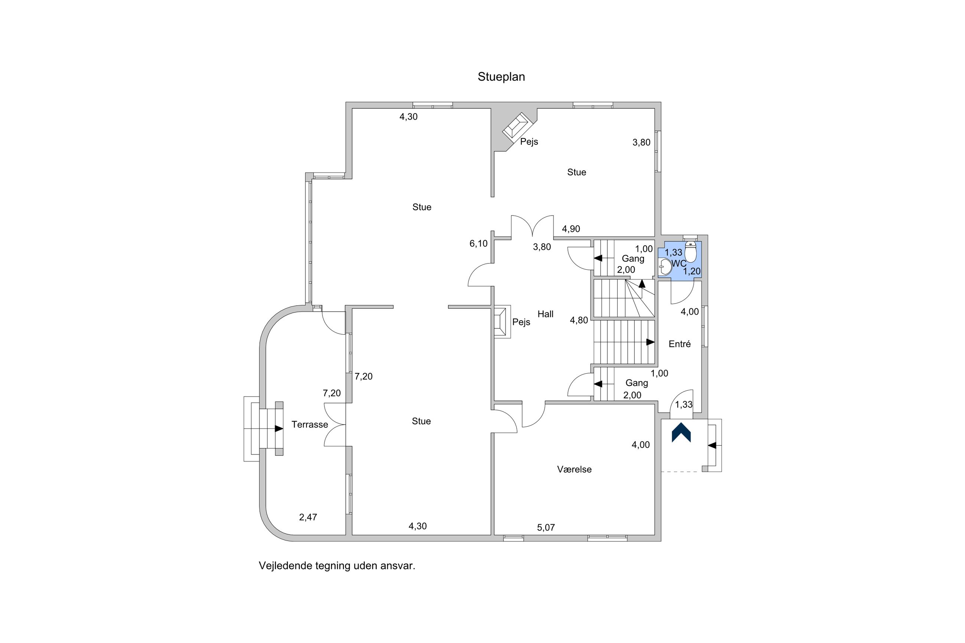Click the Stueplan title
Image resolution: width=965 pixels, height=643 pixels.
pos(501,77)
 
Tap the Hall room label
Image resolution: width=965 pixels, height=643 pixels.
pos(546,314)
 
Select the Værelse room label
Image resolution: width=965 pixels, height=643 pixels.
pos(574,469)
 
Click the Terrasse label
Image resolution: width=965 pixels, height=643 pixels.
pos(310,425)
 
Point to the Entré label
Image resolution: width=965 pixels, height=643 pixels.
pos(680,344)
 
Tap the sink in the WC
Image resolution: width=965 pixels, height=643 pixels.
pos(664,268)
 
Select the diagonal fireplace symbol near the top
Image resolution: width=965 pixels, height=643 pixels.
pos(517,126)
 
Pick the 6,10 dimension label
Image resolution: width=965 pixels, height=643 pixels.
pos(479,244)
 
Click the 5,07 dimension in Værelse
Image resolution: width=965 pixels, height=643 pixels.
pos(546,528)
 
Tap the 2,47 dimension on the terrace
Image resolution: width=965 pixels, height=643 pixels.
pos(308,518)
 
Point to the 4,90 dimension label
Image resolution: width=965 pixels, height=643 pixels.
pos(571,229)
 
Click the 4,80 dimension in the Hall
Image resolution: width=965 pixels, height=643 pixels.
pos(579,321)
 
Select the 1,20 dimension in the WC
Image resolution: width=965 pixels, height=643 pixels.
pos(692,272)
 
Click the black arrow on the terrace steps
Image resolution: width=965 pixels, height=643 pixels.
pos(279,429)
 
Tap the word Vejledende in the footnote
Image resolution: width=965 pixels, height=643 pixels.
pos(285,566)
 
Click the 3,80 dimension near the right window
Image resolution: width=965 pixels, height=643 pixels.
pos(641,143)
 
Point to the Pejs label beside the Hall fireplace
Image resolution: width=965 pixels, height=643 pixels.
pos(521,322)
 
